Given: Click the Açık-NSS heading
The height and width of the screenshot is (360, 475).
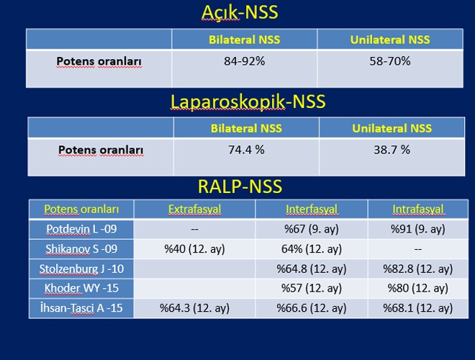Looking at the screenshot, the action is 240,12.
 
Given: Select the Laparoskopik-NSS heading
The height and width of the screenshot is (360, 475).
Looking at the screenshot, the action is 248,102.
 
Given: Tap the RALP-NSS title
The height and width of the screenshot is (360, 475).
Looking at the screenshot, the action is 240,186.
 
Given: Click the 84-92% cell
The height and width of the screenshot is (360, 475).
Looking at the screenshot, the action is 245,61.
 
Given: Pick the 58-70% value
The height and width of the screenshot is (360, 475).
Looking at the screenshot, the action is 390,61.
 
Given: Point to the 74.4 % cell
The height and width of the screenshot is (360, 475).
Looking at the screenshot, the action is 246,150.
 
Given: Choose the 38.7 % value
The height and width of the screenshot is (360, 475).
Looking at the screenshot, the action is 392,150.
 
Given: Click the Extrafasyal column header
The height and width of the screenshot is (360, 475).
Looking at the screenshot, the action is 195,209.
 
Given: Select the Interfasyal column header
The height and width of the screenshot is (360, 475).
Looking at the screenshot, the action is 312,209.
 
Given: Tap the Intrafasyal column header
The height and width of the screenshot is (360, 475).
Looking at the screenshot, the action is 418,209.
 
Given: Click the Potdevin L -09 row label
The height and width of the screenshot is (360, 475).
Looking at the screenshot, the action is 81,229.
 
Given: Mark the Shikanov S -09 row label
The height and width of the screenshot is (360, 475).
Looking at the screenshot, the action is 81,249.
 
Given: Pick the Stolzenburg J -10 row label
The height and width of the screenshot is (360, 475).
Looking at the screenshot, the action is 81,269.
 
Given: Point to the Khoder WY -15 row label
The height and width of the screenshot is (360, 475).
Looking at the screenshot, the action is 81,288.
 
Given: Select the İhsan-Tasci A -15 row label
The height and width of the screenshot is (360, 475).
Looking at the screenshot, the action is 81,308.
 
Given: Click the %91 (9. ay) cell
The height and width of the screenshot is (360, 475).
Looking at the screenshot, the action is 418,229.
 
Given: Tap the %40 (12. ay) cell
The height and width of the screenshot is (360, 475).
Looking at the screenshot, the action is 195,249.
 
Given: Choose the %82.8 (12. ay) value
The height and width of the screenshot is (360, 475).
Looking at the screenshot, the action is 418,269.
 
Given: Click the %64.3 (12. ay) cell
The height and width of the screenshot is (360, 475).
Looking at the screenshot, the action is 195,308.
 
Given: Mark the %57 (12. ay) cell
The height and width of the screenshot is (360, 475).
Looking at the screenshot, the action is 312,288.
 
